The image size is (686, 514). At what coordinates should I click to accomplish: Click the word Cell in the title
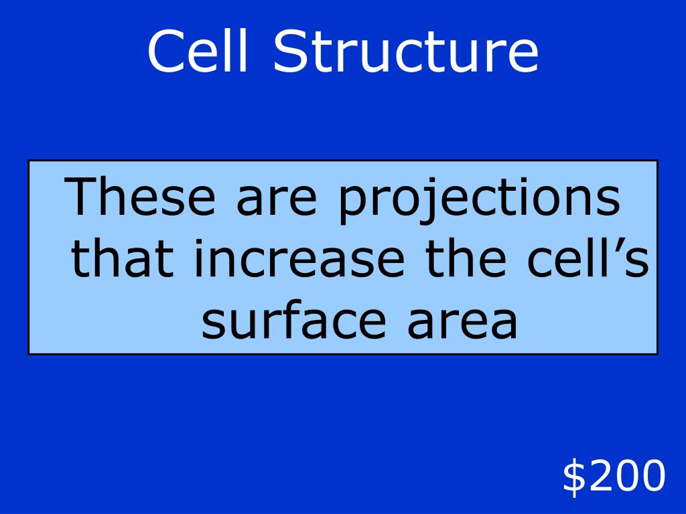pyautogui.click(x=202, y=52)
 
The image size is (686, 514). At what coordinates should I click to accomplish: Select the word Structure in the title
pyautogui.click(x=406, y=52)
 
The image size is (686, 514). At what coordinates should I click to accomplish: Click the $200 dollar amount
pyautogui.click(x=614, y=477)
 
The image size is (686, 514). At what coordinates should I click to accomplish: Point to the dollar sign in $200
pyautogui.click(x=573, y=477)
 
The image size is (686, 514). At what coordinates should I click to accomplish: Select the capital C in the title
pyautogui.click(x=165, y=53)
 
